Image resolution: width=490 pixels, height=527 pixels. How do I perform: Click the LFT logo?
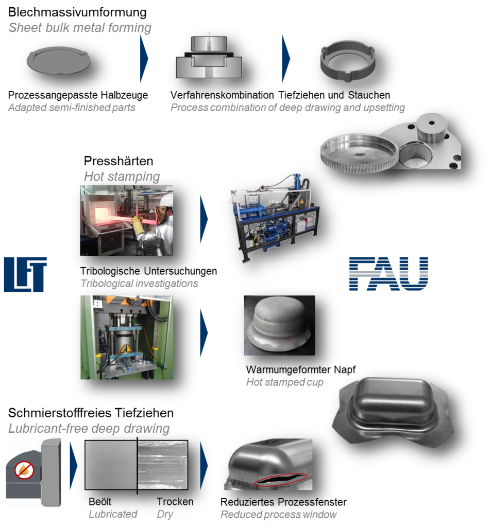[25, 274]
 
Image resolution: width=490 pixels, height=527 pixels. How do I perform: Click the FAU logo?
[388, 274]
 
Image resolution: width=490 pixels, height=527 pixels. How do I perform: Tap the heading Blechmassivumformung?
[77, 12]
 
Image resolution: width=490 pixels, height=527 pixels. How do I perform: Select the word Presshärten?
[119, 161]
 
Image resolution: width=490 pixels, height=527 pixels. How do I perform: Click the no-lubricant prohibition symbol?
[24, 469]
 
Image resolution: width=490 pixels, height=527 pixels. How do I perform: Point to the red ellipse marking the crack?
[280, 480]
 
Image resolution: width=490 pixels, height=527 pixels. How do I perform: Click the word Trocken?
[175, 501]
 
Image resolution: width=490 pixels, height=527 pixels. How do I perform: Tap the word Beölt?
[100, 501]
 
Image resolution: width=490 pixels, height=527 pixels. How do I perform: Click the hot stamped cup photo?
[279, 325]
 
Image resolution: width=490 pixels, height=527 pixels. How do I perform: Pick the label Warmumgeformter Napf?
[301, 370]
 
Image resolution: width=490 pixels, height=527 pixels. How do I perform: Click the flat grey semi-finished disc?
[59, 62]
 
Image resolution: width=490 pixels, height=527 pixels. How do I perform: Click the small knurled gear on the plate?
[433, 128]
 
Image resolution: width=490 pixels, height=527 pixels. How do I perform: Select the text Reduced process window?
[278, 514]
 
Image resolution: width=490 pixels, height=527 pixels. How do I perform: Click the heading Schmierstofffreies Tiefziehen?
[91, 413]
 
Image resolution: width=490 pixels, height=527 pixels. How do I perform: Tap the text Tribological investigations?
[139, 284]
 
